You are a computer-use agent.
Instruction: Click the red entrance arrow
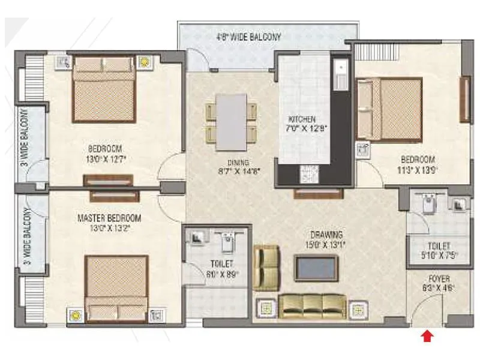[427, 337]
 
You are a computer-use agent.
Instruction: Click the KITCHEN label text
[301, 119]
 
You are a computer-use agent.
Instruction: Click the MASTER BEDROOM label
[109, 218]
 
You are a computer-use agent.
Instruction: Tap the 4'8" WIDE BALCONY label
[248, 37]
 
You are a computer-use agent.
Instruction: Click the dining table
[232, 122]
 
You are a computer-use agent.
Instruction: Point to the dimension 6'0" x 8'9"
[223, 274]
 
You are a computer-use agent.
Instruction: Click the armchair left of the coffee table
[266, 267]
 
